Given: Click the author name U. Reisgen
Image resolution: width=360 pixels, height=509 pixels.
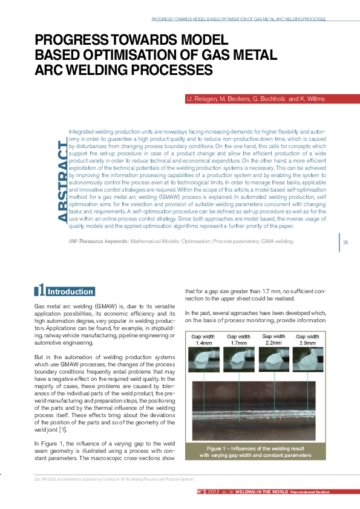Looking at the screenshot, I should [201, 99].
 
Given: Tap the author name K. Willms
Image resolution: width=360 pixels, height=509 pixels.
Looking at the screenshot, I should [310, 99].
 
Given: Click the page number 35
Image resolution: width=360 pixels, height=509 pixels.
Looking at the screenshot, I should [346, 243].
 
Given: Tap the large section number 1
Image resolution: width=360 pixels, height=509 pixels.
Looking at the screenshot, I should [41, 291].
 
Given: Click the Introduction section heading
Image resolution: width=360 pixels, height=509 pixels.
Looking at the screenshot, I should [70, 292].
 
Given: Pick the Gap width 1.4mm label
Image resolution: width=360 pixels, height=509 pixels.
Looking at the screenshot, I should [203, 339].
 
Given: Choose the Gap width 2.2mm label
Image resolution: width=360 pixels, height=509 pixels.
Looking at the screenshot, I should [273, 339].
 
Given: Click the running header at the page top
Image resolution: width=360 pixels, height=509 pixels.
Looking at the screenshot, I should [238, 19].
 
